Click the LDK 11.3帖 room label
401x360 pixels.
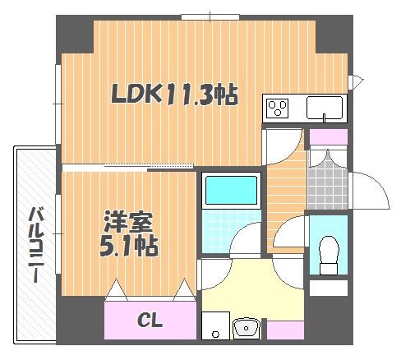(174, 95)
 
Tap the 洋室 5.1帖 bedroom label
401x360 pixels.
(128, 233)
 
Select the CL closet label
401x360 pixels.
(150, 320)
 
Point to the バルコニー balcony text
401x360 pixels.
(35, 245)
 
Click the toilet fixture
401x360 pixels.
(329, 255)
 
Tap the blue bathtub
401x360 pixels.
(231, 191)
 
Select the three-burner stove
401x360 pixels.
(278, 108)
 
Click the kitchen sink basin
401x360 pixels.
(325, 108)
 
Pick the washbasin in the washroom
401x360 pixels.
(246, 327)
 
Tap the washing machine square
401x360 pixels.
(215, 325)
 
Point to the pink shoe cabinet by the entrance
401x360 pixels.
(329, 136)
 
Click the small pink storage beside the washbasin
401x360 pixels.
(285, 330)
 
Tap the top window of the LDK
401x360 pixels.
(210, 17)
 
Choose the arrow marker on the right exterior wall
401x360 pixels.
(356, 81)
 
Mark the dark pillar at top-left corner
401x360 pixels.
(75, 35)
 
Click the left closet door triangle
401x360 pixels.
(116, 290)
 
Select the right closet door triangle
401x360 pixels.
(184, 290)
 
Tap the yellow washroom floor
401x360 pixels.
(252, 290)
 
